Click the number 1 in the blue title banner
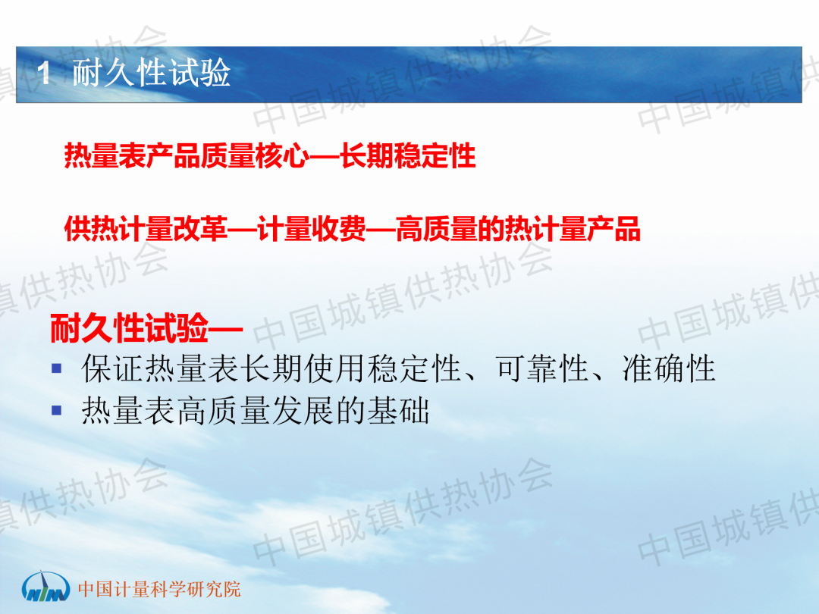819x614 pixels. [44, 73]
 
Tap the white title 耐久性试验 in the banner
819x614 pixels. [152, 73]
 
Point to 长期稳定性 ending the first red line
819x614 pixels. [408, 155]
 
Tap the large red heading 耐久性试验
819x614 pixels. [129, 328]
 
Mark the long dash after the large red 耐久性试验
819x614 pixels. [226, 330]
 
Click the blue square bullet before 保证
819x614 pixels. [57, 368]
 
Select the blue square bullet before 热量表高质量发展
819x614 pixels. [57, 410]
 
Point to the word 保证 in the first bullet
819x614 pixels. [113, 368]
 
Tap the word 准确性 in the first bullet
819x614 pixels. [668, 368]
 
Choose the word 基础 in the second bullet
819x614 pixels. [398, 410]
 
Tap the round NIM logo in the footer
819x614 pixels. [45, 587]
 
